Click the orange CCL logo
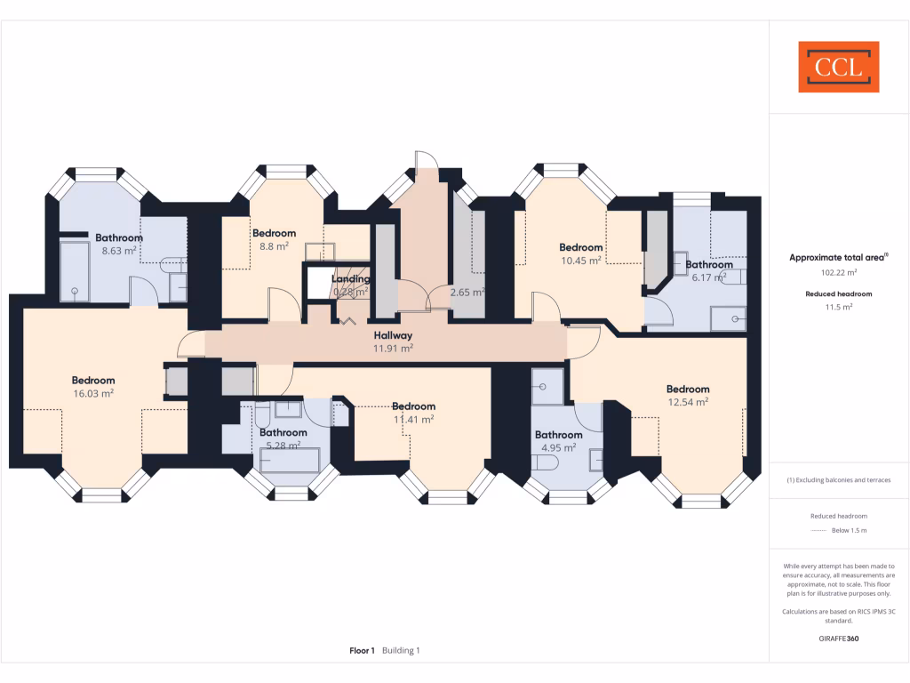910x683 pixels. pyautogui.click(x=838, y=67)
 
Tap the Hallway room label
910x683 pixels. pyautogui.click(x=393, y=335)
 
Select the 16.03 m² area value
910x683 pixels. pyautogui.click(x=93, y=393)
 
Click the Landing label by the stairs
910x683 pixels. pyautogui.click(x=352, y=279)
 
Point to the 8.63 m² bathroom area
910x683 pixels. pyautogui.click(x=119, y=251)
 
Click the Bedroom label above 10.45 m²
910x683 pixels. pyautogui.click(x=580, y=247)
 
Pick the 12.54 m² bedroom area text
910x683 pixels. pyautogui.click(x=689, y=402)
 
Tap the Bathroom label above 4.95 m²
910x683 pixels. pyautogui.click(x=558, y=435)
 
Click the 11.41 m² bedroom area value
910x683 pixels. pyautogui.click(x=414, y=419)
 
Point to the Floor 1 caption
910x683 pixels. pyautogui.click(x=362, y=651)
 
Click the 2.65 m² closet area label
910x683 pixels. pyautogui.click(x=467, y=292)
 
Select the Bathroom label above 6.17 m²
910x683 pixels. pyautogui.click(x=708, y=264)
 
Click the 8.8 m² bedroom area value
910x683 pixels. pyautogui.click(x=274, y=246)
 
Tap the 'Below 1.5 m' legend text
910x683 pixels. pyautogui.click(x=849, y=530)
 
